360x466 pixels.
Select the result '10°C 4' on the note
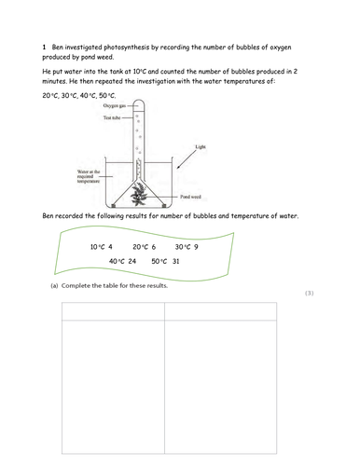coord(101,247)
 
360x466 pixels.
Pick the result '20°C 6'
coord(144,247)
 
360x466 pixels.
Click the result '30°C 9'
coord(187,247)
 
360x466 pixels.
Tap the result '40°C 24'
coord(122,262)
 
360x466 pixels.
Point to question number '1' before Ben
coord(45,47)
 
